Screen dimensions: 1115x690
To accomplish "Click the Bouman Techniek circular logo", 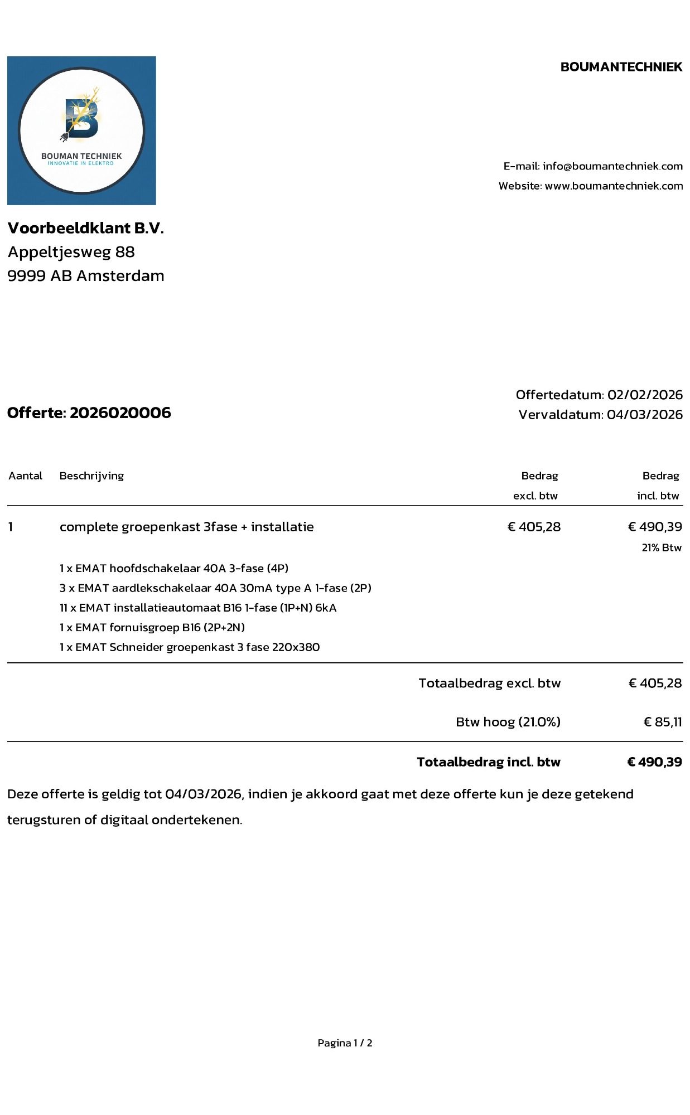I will coord(81,130).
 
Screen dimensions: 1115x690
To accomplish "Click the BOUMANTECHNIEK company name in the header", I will coord(621,67).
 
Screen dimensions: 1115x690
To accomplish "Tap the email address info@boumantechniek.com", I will coord(612,166).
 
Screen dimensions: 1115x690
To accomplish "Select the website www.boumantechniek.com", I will coord(614,186).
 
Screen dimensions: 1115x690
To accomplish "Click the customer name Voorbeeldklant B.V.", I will coord(85,228).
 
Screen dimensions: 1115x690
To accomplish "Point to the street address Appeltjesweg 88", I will coord(71,252).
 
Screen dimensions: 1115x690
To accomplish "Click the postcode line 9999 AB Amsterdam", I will coord(86,276).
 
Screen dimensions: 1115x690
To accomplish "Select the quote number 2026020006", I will coord(120,413).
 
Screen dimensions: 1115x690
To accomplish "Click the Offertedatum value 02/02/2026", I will coord(645,395).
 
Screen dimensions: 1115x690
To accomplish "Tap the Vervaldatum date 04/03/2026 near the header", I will coord(645,414).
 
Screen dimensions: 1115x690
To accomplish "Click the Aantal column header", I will coord(26,476).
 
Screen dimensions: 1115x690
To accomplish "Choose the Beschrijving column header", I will coord(91,476).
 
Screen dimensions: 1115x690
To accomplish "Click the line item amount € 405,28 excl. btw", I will coord(534,527).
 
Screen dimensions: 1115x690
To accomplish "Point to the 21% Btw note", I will coord(662,547).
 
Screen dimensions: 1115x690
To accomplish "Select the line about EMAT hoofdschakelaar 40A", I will coord(174,568).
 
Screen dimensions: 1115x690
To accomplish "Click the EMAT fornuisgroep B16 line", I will coord(152,627).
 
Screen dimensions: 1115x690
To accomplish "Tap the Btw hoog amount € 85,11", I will coord(663,722).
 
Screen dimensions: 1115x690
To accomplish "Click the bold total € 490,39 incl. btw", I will coord(654,762).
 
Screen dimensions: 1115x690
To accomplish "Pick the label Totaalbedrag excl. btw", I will coord(489,683).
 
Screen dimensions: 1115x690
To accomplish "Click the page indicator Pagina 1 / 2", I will coord(345,1043).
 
